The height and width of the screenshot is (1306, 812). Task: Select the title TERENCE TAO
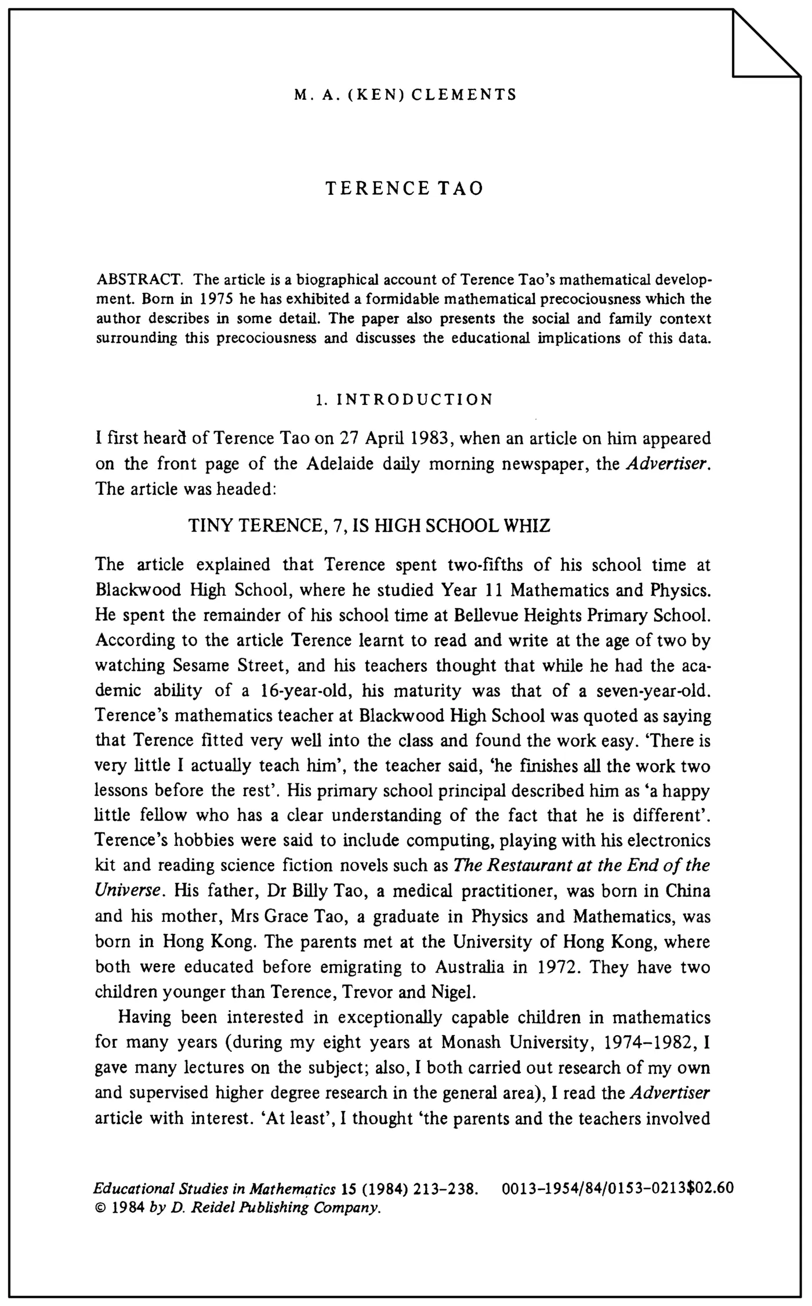coord(404,189)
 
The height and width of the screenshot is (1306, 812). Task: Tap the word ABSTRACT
coord(140,280)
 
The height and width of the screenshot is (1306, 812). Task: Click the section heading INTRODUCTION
coord(415,400)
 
